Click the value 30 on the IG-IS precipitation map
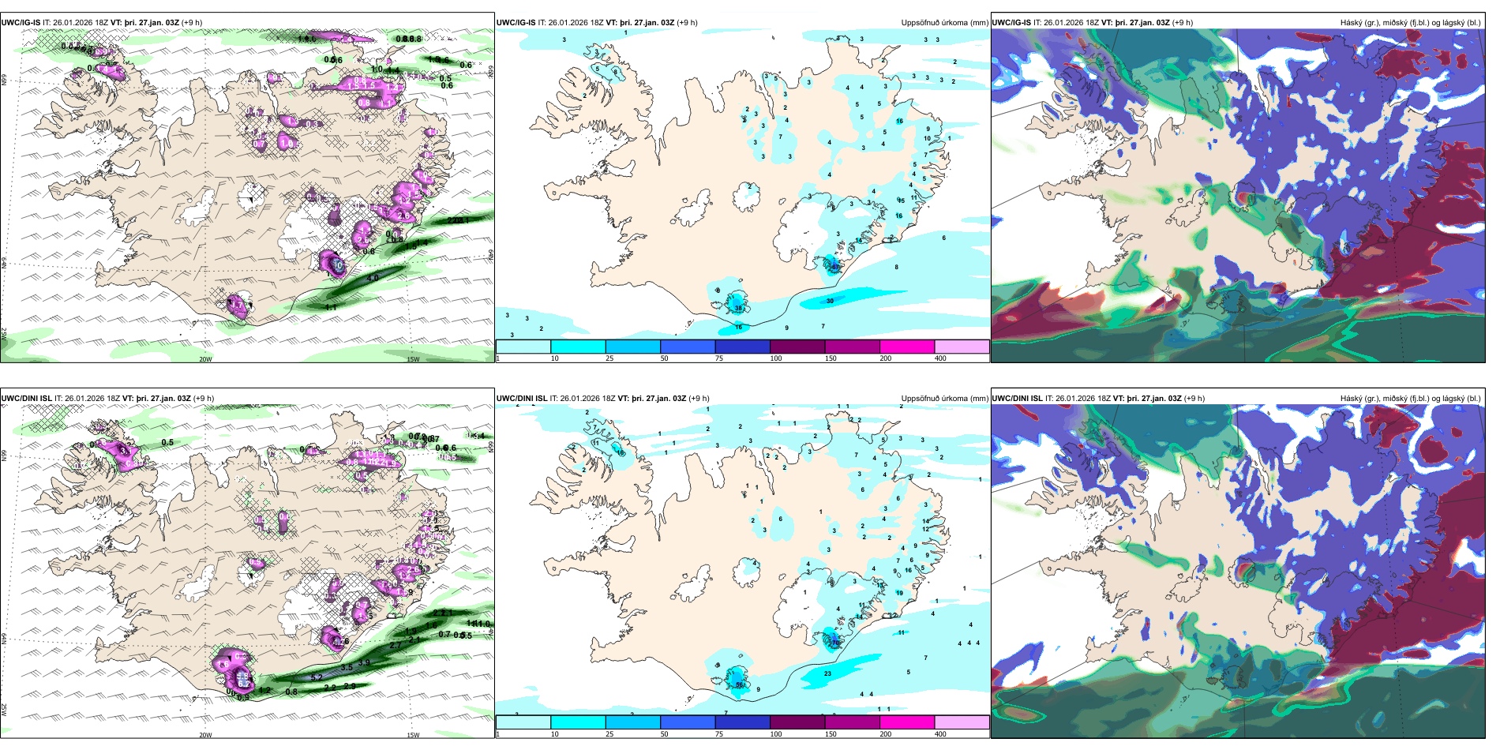(830, 301)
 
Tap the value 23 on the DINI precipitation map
(827, 673)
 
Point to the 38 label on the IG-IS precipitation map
(738, 307)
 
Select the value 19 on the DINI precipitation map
(899, 593)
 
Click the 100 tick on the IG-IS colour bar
(776, 358)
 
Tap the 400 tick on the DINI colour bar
(940, 734)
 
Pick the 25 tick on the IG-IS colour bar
(609, 358)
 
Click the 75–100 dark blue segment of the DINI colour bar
(742, 722)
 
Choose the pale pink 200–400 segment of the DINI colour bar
(962, 722)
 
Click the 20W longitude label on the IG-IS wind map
(205, 359)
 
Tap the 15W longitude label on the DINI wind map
(413, 735)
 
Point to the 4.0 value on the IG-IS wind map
(373, 278)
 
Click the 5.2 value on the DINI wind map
(317, 677)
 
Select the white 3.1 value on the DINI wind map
(122, 449)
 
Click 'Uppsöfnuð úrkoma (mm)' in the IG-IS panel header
(944, 23)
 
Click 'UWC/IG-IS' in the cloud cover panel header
(1011, 23)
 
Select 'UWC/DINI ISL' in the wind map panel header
(27, 399)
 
